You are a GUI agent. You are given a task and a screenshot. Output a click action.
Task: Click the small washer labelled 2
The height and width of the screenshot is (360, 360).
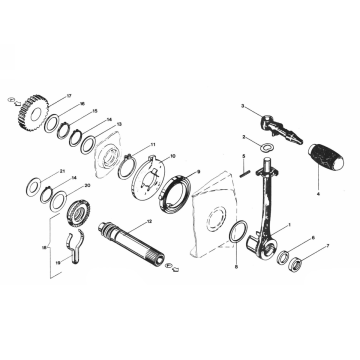tap(263, 147)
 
